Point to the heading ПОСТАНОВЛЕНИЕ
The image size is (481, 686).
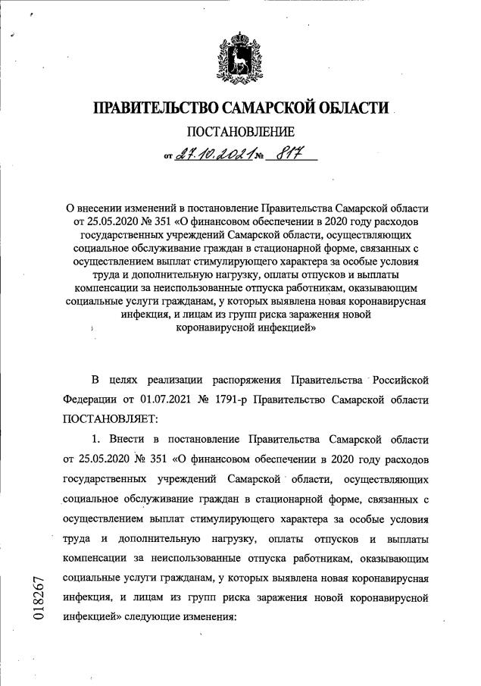[240, 133]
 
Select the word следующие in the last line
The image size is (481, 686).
[167, 617]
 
